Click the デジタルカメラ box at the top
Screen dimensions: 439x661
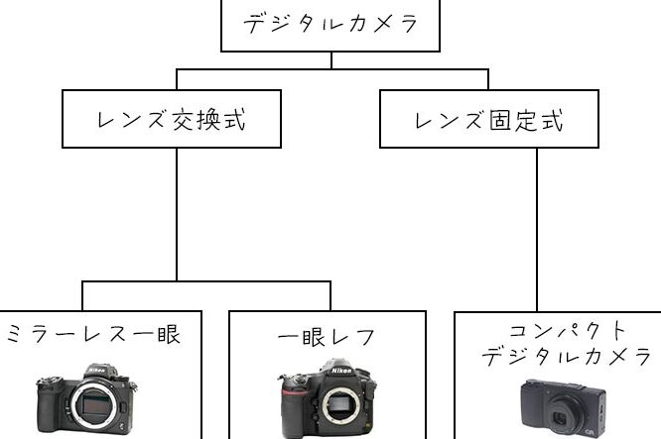(330, 23)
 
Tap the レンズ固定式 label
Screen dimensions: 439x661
(488, 121)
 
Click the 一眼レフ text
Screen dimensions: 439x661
(327, 337)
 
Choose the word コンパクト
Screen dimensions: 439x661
(556, 330)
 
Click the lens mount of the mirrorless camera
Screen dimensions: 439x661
(88, 408)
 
